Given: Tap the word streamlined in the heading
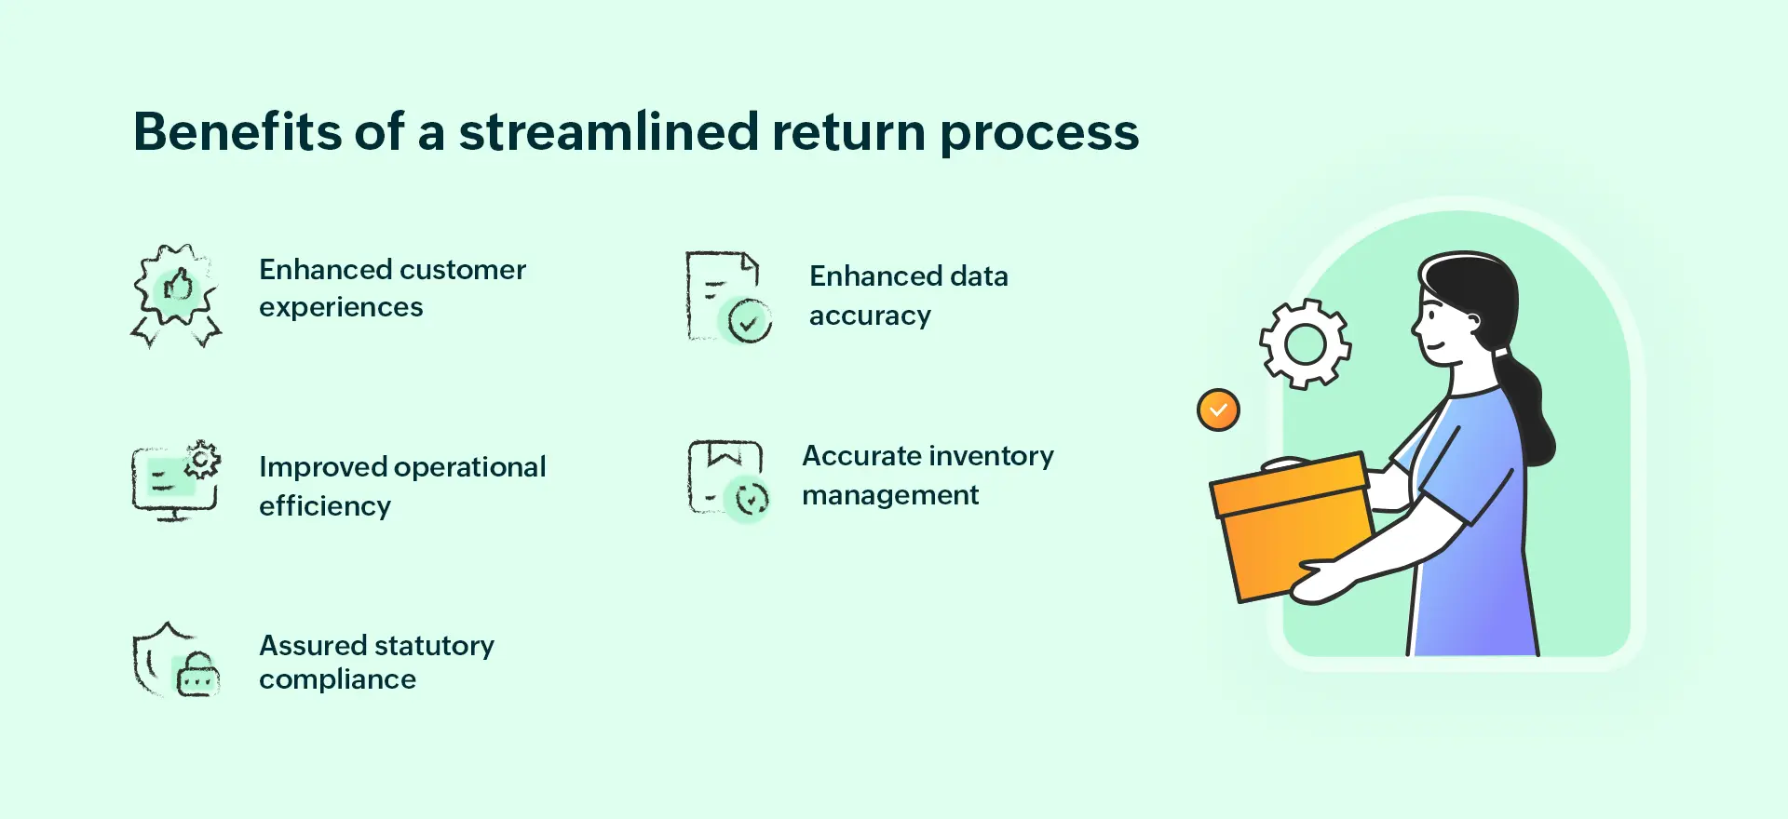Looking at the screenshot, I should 608,131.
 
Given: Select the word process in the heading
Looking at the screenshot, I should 1038,133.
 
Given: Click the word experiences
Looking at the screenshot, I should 341,308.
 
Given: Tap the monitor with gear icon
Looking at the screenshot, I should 175,480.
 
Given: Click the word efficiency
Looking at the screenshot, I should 325,506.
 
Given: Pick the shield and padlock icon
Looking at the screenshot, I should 175,660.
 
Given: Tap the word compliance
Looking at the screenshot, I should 337,680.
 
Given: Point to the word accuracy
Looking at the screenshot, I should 870,316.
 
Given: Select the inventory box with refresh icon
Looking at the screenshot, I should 727,479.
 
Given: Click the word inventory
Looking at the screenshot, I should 992,456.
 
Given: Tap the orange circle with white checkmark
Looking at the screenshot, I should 1218,409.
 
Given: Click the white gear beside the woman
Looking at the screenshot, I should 1305,344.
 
